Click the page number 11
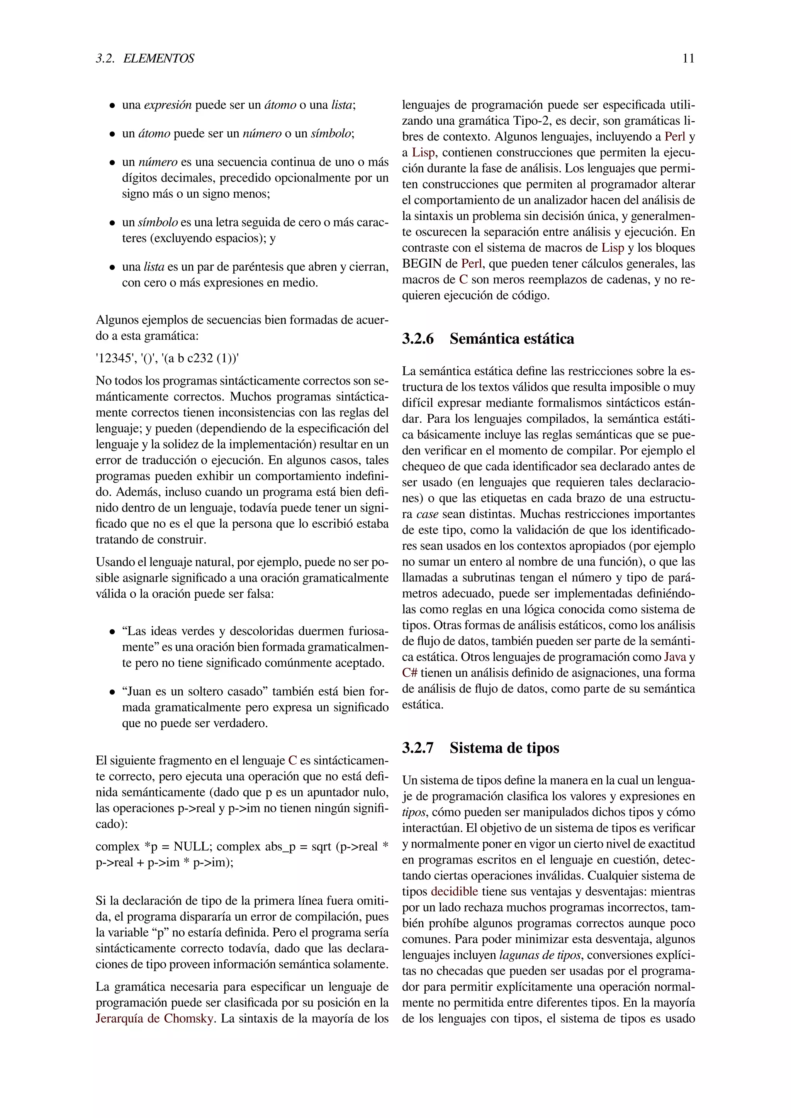click(688, 58)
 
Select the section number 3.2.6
click(418, 339)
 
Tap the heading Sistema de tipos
click(504, 747)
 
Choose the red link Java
click(675, 657)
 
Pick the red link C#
click(410, 673)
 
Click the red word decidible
click(455, 891)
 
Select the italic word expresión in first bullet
click(168, 105)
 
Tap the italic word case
click(427, 514)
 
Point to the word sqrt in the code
click(321, 846)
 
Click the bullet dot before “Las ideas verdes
click(112, 632)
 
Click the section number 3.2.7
click(418, 747)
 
